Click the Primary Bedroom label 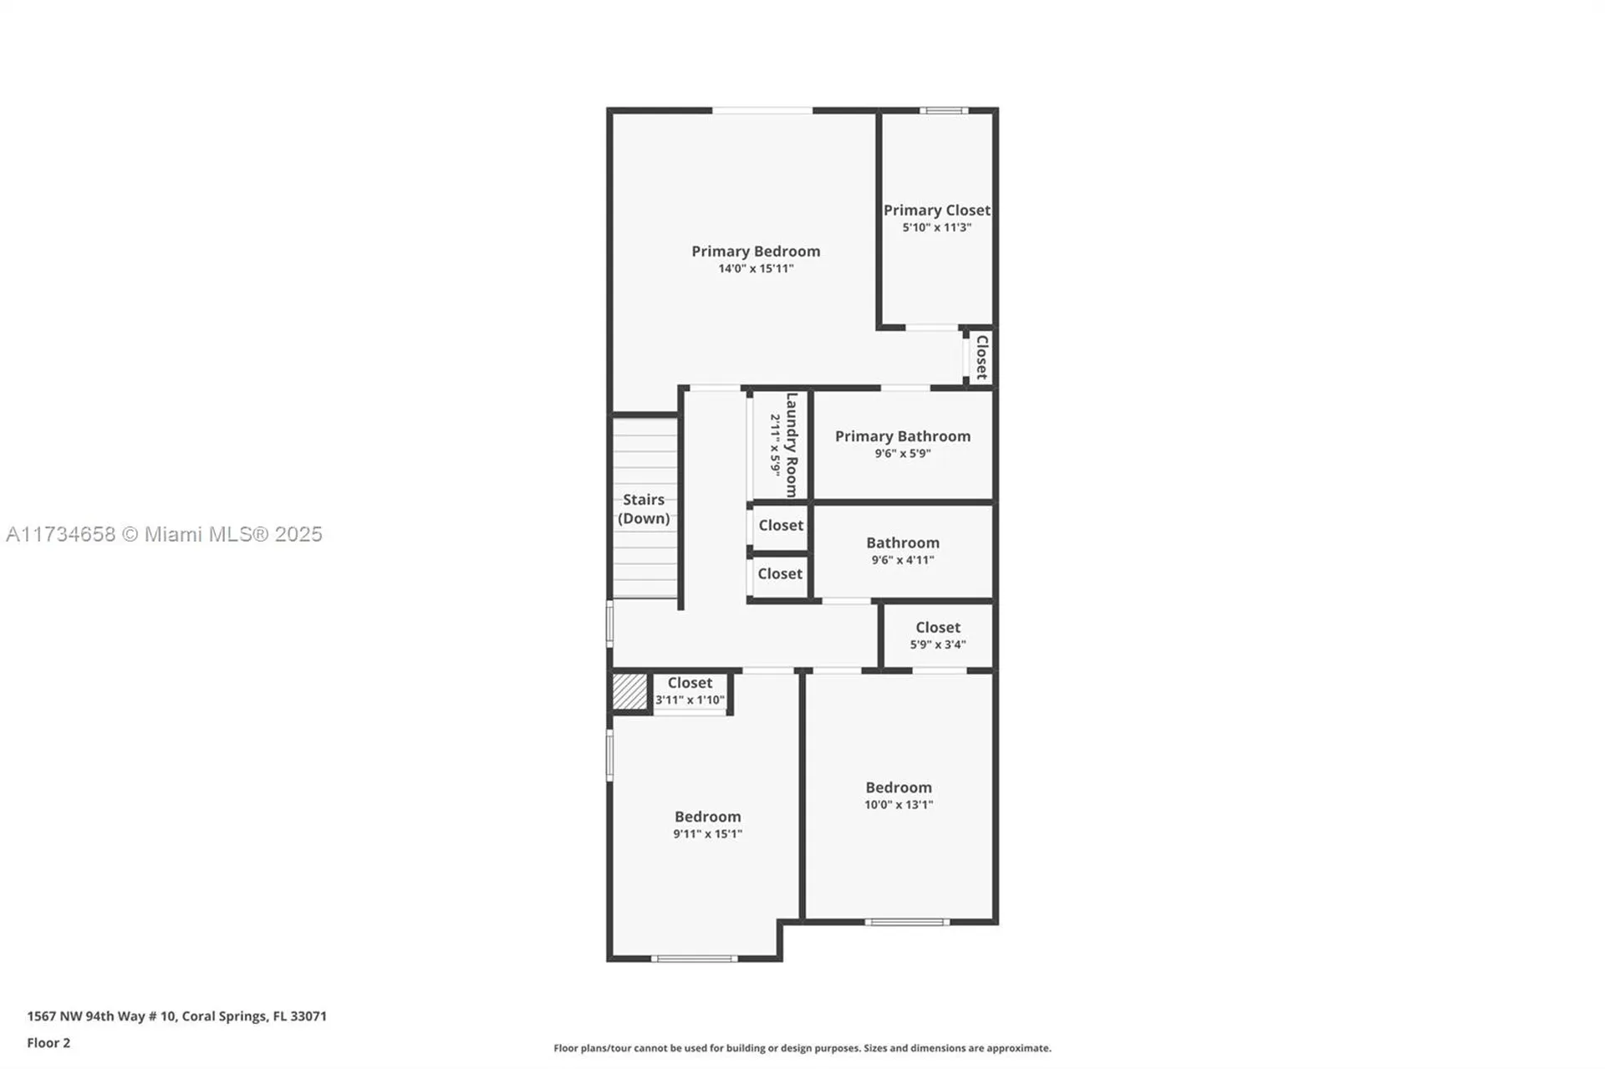pyautogui.click(x=755, y=251)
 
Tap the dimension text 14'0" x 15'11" pyautogui.click(x=756, y=269)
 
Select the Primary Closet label pyautogui.click(x=936, y=210)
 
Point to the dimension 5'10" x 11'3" pyautogui.click(x=936, y=227)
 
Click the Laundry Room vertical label pyautogui.click(x=792, y=445)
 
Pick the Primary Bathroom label pyautogui.click(x=902, y=435)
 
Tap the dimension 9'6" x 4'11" pyautogui.click(x=902, y=560)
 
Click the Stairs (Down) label pyautogui.click(x=644, y=508)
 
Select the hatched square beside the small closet pyautogui.click(x=629, y=692)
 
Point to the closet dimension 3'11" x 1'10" pyautogui.click(x=690, y=700)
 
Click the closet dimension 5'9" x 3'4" pyautogui.click(x=937, y=644)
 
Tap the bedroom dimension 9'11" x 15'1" pyautogui.click(x=707, y=834)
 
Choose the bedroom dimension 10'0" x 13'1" pyautogui.click(x=898, y=805)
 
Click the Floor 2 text pyautogui.click(x=48, y=1042)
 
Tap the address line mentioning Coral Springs pyautogui.click(x=176, y=1016)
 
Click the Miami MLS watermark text pyautogui.click(x=164, y=534)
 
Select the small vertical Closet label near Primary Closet pyautogui.click(x=982, y=357)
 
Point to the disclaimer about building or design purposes pyautogui.click(x=802, y=1048)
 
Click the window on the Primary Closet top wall pyautogui.click(x=944, y=110)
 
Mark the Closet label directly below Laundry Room pyautogui.click(x=780, y=525)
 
